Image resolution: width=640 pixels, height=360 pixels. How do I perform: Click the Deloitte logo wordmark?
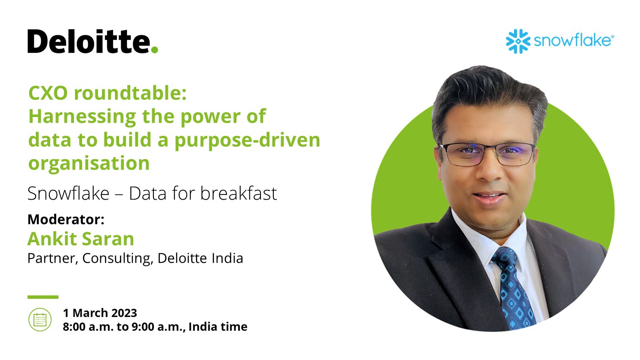88,42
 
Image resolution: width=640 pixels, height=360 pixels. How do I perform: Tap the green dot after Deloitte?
155,49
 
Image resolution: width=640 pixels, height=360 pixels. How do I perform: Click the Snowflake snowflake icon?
518,41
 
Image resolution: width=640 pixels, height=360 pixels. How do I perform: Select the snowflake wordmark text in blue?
572,41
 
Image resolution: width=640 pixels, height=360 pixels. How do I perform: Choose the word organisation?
89,163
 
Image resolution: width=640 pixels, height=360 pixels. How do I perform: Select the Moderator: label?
66,219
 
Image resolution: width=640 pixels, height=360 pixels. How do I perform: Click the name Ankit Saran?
81,239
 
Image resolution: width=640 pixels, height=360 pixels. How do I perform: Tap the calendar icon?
40,320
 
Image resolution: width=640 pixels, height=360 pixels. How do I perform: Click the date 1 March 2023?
100,313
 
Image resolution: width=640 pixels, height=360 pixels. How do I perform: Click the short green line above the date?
43,297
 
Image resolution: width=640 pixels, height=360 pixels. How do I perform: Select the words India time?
218,327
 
